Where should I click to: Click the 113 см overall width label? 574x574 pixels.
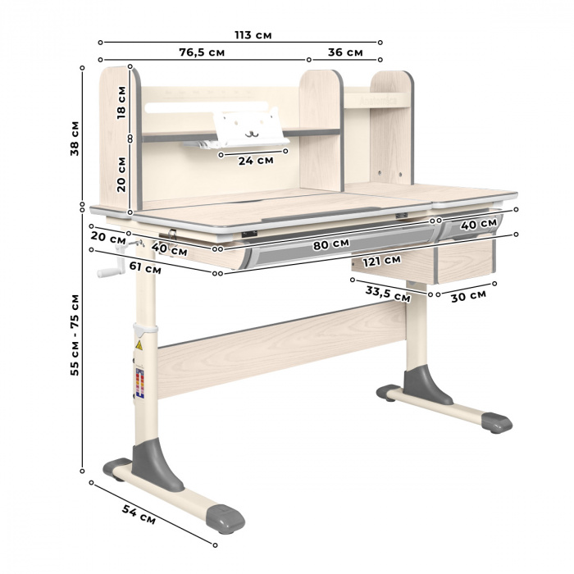coord(253,35)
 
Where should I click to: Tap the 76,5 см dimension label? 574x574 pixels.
coord(202,52)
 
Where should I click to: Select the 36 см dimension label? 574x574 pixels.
coord(345,52)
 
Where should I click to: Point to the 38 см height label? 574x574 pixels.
coord(75,139)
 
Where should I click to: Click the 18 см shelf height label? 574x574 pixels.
coord(121,102)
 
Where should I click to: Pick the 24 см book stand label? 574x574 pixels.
coord(256,161)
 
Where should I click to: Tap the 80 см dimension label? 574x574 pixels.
coord(331,244)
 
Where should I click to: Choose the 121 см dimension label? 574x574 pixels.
coord(381,261)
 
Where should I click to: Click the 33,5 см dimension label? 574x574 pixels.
coord(388,294)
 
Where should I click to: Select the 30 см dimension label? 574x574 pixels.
coord(468,296)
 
